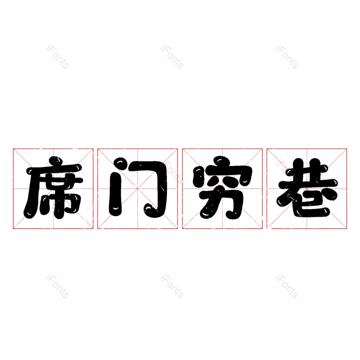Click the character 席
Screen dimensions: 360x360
click(53, 188)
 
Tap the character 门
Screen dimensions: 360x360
click(138, 187)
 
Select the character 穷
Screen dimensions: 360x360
click(222, 188)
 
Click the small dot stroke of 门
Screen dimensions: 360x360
click(120, 162)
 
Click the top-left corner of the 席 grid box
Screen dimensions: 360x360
click(13, 149)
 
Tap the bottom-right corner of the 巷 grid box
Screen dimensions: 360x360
click(346, 229)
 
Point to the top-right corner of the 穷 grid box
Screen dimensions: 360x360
click(262, 149)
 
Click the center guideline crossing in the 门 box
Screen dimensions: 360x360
click(138, 189)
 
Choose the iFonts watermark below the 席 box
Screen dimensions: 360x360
click(57, 286)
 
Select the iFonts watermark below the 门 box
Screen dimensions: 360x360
click(172, 286)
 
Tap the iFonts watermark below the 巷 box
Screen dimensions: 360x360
click(287, 286)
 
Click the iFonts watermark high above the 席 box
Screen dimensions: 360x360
click(57, 57)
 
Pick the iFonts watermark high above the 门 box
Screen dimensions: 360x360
click(172, 57)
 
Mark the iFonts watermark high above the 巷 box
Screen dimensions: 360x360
click(287, 57)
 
